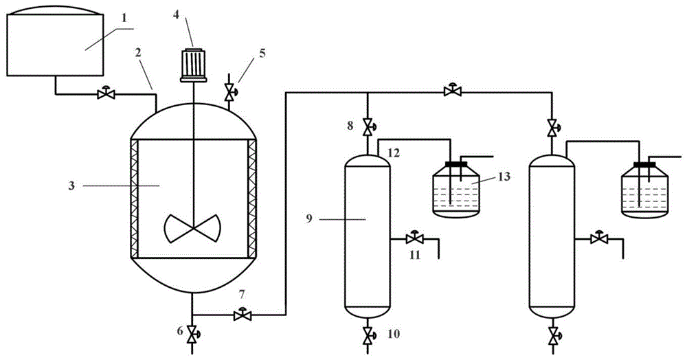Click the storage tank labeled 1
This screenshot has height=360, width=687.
click(x=55, y=42)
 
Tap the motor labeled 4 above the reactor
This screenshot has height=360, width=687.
click(x=193, y=65)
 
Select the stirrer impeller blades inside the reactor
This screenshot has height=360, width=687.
click(x=192, y=228)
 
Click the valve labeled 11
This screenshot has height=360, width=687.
click(x=414, y=238)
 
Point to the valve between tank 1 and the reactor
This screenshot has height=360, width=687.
click(x=106, y=93)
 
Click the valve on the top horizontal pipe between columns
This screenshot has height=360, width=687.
click(x=453, y=91)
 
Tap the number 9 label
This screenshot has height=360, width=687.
click(x=309, y=218)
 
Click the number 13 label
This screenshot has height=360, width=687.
click(x=505, y=177)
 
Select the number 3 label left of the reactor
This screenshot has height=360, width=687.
click(x=71, y=185)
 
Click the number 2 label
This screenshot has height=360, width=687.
click(x=139, y=54)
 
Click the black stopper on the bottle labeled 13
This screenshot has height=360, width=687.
click(x=456, y=164)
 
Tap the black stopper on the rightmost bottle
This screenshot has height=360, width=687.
click(x=645, y=164)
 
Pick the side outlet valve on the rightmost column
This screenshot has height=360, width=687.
click(x=599, y=238)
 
